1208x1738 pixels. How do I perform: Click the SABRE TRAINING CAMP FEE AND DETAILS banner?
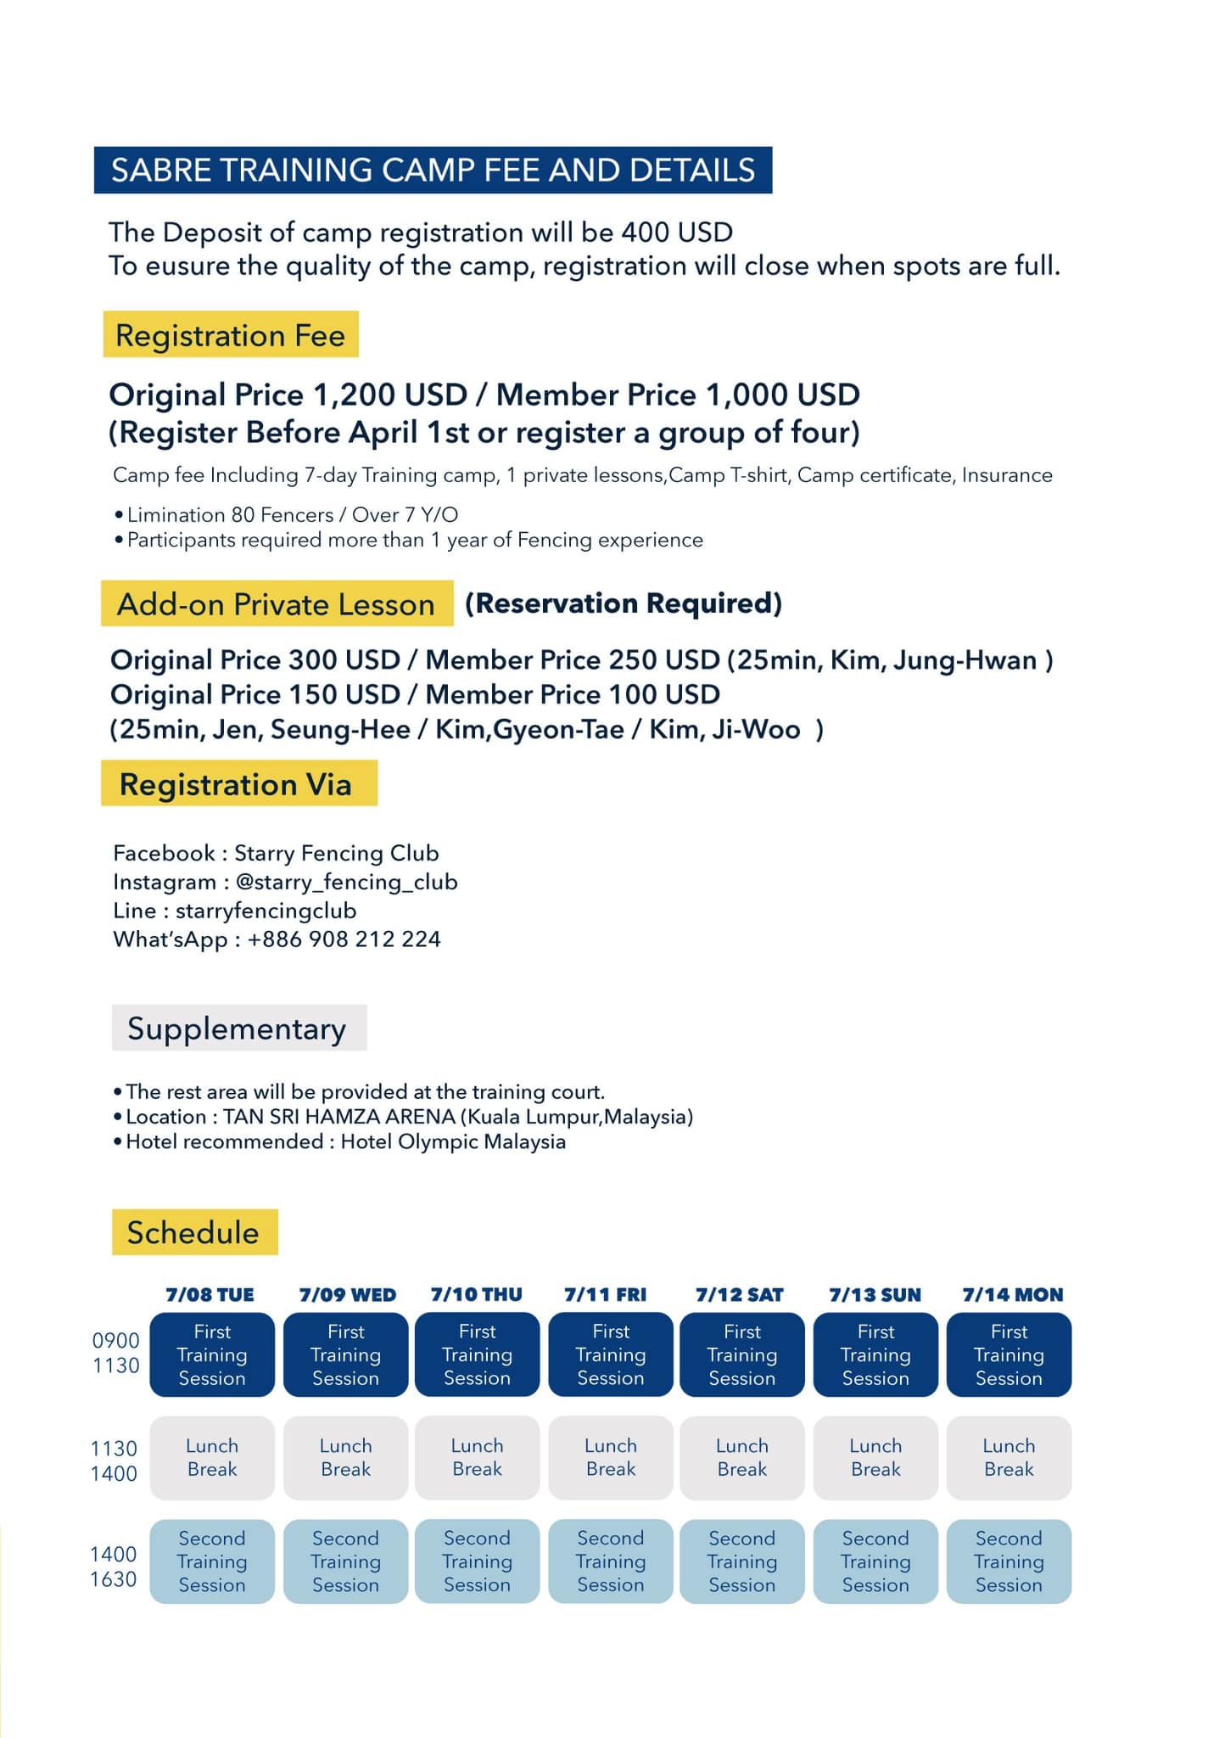point(433,170)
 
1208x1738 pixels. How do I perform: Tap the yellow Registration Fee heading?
point(230,335)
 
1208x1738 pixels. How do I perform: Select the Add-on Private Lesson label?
point(277,604)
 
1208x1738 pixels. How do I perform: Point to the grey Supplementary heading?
point(238,1029)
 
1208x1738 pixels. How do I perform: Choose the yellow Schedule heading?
point(194,1232)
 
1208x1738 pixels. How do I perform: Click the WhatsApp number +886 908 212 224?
point(344,939)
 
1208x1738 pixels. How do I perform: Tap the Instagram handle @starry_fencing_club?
point(346,882)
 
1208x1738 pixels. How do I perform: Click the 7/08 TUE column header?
point(210,1295)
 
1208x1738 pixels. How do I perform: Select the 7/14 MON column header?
point(1012,1295)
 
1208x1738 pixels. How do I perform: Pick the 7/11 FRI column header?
point(606,1295)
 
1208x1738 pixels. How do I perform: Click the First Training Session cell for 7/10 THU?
point(477,1354)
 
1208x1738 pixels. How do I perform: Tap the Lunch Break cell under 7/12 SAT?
point(741,1457)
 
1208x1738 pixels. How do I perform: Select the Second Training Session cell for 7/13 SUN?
point(875,1561)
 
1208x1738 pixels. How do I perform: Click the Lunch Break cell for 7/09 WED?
point(345,1457)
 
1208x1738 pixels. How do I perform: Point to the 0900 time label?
point(116,1341)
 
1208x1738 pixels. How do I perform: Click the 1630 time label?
point(114,1579)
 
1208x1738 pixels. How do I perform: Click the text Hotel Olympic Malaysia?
point(453,1141)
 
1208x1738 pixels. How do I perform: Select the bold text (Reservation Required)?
point(624,603)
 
